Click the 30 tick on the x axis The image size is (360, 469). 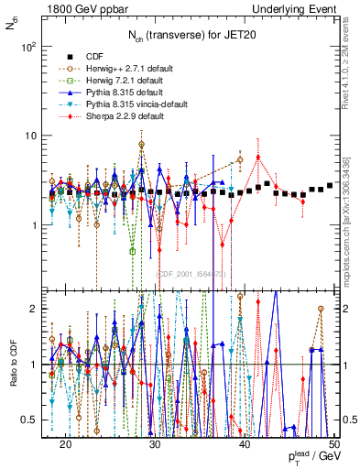(155, 442)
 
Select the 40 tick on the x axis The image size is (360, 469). (245, 442)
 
